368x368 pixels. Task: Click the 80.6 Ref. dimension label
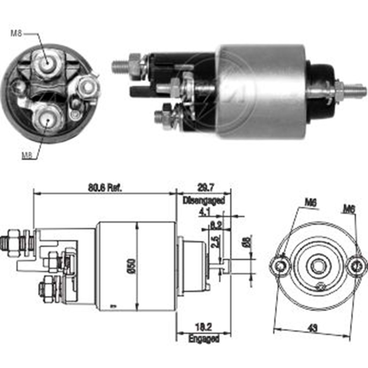[x=105, y=187]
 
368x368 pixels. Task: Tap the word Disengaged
[x=204, y=201]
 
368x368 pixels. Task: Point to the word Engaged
[x=204, y=338]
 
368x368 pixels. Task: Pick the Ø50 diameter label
[x=133, y=266]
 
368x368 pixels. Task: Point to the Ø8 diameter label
[x=248, y=242]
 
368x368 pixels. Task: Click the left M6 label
[x=311, y=202]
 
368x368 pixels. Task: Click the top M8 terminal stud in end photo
[x=46, y=63]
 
